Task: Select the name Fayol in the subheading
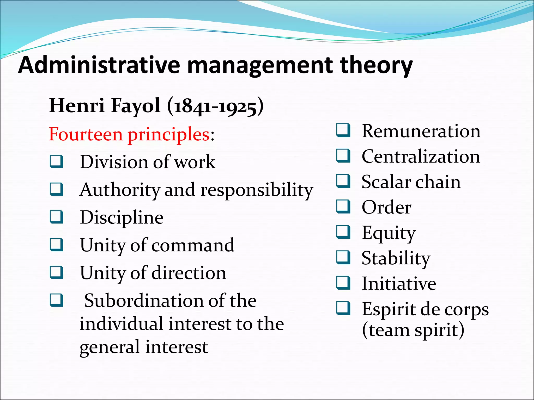(x=136, y=106)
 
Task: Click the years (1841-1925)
(x=215, y=106)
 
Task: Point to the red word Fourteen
(x=86, y=134)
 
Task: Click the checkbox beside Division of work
(x=57, y=161)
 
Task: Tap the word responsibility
(x=257, y=190)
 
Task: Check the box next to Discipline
(x=57, y=217)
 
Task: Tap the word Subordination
(x=144, y=301)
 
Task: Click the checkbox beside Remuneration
(x=343, y=130)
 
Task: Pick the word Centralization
(x=421, y=157)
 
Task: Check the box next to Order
(x=343, y=207)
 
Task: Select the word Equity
(x=388, y=233)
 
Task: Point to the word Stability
(x=396, y=258)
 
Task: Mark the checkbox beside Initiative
(x=343, y=283)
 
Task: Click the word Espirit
(x=388, y=310)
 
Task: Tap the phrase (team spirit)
(x=413, y=330)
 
